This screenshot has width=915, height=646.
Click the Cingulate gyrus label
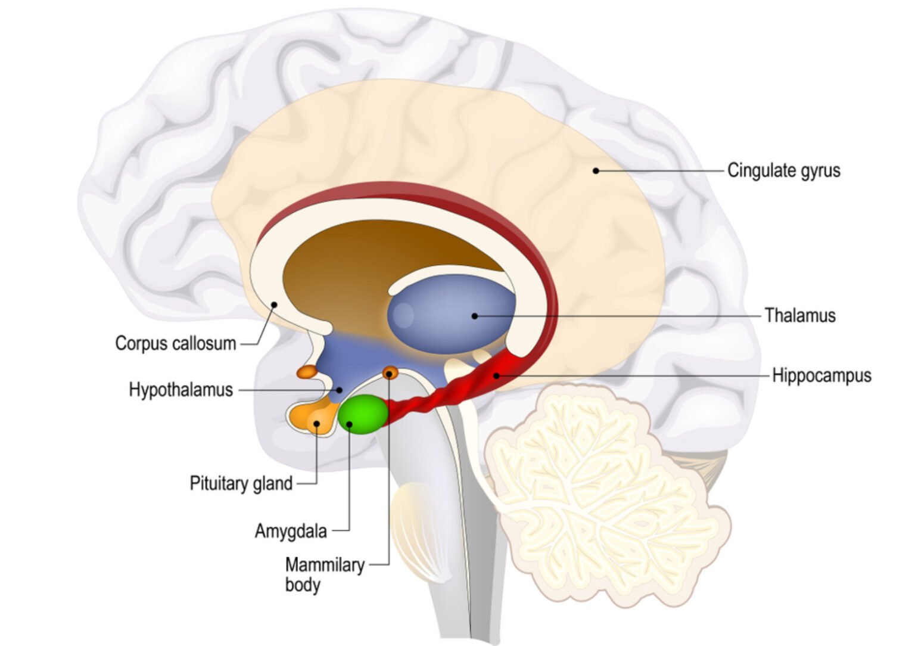(784, 170)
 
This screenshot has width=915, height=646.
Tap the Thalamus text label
(800, 315)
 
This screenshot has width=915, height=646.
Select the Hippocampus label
(821, 375)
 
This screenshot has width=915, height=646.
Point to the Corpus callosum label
(176, 344)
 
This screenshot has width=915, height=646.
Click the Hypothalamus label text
(181, 390)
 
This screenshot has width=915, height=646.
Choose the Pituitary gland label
(241, 484)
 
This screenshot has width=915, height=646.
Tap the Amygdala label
(291, 532)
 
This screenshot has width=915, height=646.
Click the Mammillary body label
(325, 575)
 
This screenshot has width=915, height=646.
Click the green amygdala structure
(363, 414)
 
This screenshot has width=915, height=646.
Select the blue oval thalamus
(452, 314)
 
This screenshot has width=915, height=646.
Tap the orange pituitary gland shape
(313, 419)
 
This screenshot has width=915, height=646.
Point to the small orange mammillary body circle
(390, 372)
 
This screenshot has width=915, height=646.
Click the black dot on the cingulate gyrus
(596, 171)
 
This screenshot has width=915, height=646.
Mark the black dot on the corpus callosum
(274, 305)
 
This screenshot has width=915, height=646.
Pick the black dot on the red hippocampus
(496, 375)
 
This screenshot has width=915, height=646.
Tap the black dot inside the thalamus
(474, 316)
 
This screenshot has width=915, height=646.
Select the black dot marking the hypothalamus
(339, 390)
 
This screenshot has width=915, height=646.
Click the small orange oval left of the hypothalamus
(307, 372)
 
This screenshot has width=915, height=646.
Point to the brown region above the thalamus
(368, 262)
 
